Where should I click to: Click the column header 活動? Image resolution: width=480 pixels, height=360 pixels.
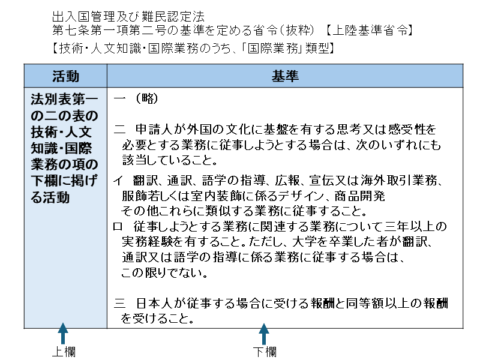[x=65, y=76]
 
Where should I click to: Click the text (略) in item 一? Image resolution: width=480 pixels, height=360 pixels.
[x=146, y=98]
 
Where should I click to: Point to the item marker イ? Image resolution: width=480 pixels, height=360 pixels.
[x=118, y=181]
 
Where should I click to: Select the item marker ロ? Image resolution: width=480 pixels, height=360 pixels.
[x=118, y=227]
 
